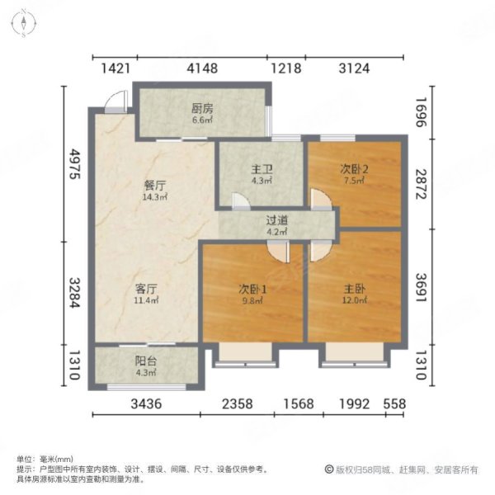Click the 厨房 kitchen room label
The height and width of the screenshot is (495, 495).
pyautogui.click(x=203, y=107)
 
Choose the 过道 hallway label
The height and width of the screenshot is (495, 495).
pyautogui.click(x=276, y=221)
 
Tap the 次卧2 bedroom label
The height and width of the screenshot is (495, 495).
pyautogui.click(x=353, y=170)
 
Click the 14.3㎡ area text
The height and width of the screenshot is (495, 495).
pyautogui.click(x=151, y=198)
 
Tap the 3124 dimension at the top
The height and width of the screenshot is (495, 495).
pyautogui.click(x=354, y=68)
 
